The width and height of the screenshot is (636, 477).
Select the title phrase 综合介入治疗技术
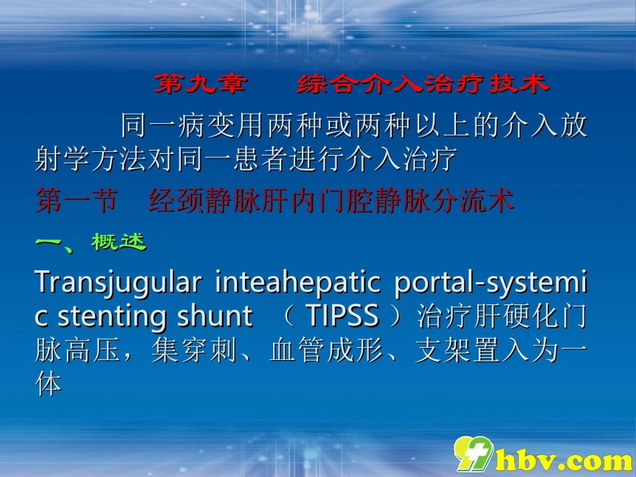[422, 84]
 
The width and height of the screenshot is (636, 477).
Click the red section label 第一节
[76, 201]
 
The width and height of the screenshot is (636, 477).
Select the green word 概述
[118, 242]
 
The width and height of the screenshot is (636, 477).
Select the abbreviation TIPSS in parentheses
[342, 316]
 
